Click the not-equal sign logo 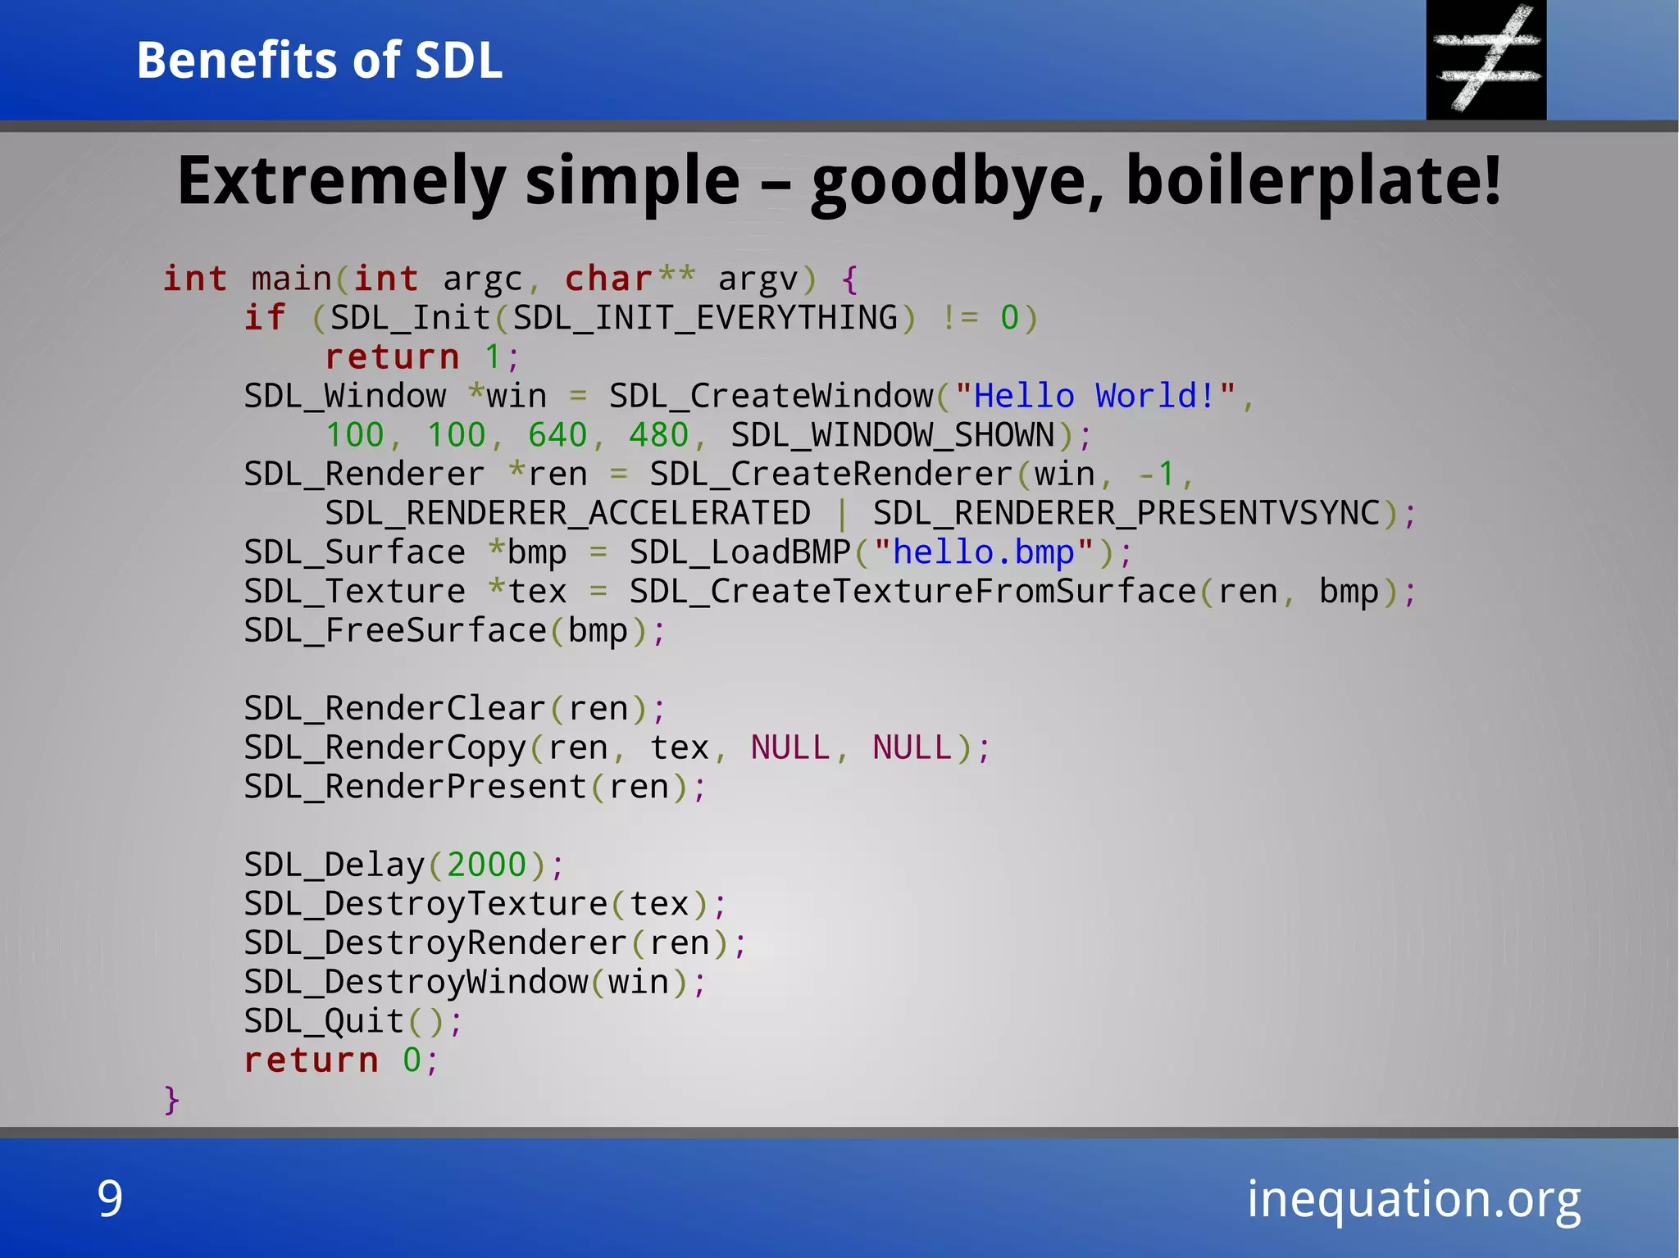pyautogui.click(x=1486, y=60)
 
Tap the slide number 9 pyautogui.click(x=110, y=1198)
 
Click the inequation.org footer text pyautogui.click(x=1413, y=1200)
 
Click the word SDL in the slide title pyautogui.click(x=458, y=61)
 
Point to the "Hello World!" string pyautogui.click(x=1094, y=397)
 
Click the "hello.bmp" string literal pyautogui.click(x=983, y=552)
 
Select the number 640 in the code pyautogui.click(x=557, y=435)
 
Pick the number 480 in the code pyautogui.click(x=658, y=435)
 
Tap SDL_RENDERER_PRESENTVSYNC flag pyautogui.click(x=1126, y=514)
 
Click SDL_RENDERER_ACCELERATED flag pyautogui.click(x=567, y=514)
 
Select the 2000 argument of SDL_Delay pyautogui.click(x=486, y=865)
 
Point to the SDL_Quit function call pyautogui.click(x=324, y=1022)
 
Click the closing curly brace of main pyautogui.click(x=171, y=1099)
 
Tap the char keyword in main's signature pyautogui.click(x=608, y=279)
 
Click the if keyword pyautogui.click(x=265, y=318)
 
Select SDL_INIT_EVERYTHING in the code pyautogui.click(x=706, y=318)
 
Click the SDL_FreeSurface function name pyautogui.click(x=395, y=631)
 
